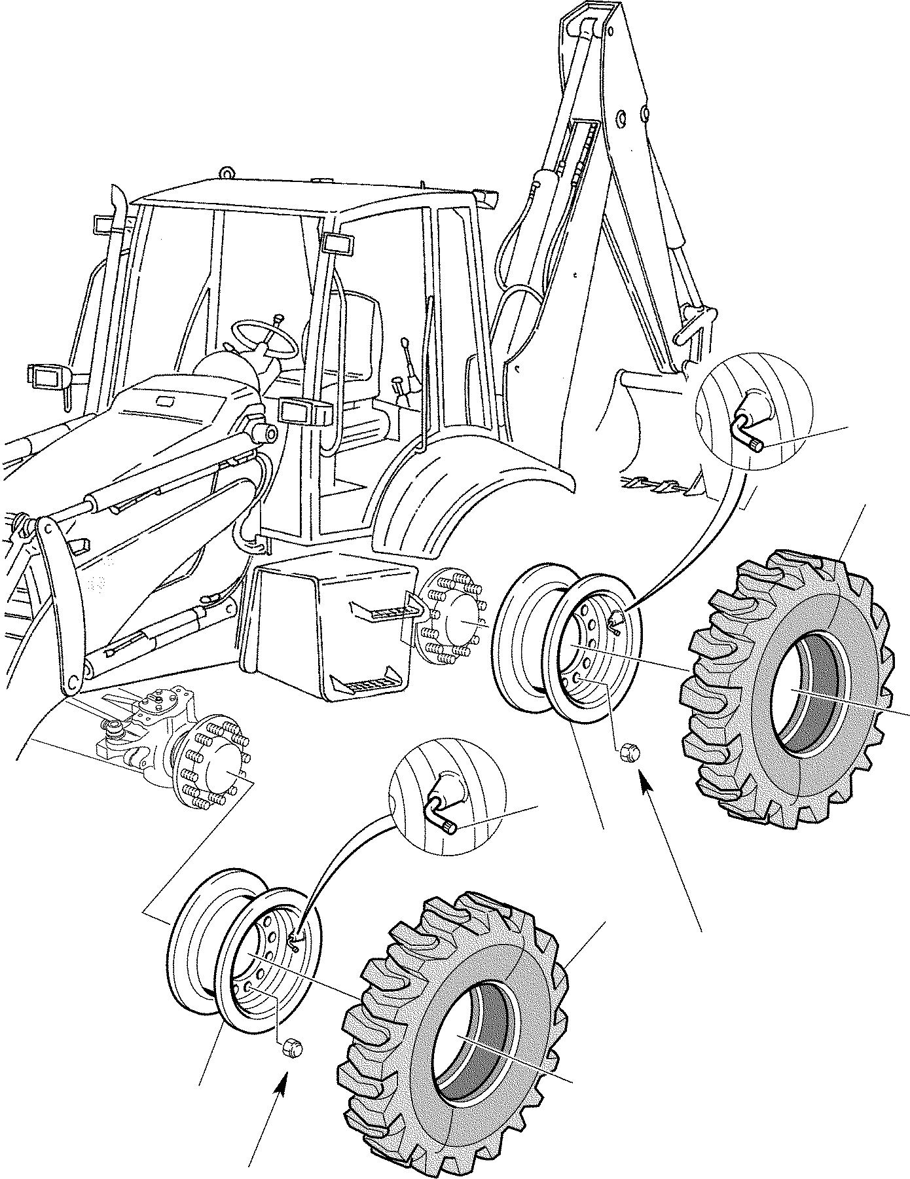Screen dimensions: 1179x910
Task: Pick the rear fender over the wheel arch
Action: [471, 484]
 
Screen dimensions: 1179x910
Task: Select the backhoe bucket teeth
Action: [661, 484]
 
